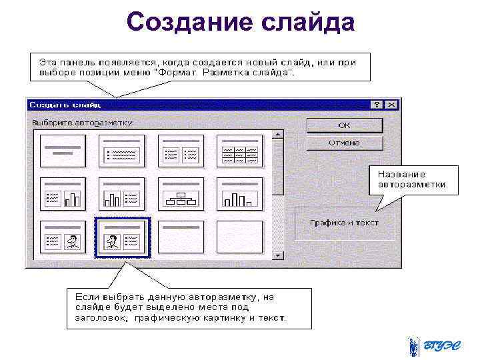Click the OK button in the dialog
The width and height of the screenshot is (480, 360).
pos(344,125)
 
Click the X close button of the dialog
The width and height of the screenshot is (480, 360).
pos(391,105)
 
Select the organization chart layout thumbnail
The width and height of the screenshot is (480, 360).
pos(181,193)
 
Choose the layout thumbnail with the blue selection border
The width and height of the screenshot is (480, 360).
pos(122,237)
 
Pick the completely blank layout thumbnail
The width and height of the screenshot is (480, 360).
pos(239,237)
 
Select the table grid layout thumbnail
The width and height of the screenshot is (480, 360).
pos(239,151)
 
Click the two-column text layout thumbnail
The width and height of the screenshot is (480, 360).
pos(181,151)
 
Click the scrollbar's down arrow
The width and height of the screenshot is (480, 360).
pos(278,255)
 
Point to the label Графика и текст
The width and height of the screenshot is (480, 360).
pos(344,223)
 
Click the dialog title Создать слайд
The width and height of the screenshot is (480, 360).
pos(64,105)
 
